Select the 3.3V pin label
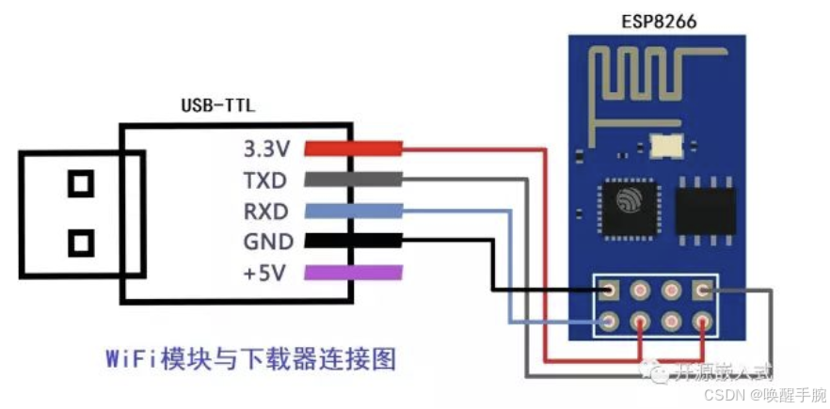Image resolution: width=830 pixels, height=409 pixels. [267, 149]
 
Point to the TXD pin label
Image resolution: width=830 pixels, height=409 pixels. [267, 180]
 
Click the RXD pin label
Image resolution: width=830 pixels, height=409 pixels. [267, 211]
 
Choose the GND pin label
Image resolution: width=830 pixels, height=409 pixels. [267, 242]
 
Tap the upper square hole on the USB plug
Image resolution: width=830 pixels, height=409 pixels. [81, 182]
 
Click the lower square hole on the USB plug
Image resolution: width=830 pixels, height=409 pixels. [81, 244]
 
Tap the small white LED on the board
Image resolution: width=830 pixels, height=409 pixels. [659, 147]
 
